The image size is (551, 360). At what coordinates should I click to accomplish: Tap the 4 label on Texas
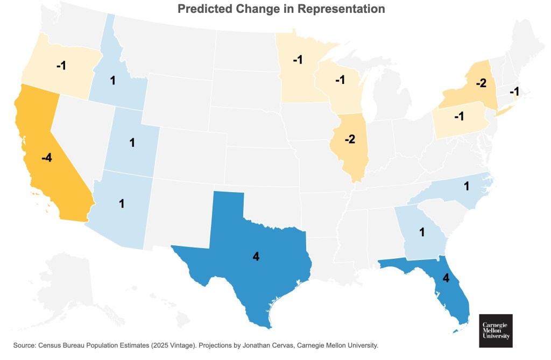tap(256, 257)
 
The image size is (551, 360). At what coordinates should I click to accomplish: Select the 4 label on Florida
tap(445, 279)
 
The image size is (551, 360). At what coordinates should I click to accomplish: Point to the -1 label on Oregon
tap(61, 65)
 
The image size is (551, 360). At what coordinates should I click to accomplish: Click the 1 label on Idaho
tap(113, 81)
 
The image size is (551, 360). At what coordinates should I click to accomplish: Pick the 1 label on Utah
tap(132, 143)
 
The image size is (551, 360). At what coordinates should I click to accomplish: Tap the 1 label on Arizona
tap(122, 204)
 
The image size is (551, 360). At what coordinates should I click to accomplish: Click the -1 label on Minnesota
tap(298, 60)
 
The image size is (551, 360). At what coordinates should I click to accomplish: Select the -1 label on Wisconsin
tap(340, 80)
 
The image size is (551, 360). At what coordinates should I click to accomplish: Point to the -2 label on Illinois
tap(350, 139)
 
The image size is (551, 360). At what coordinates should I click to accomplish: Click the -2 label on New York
tap(481, 83)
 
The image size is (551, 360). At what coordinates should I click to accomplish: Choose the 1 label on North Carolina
tap(467, 186)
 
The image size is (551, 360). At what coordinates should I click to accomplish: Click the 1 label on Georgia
tap(422, 232)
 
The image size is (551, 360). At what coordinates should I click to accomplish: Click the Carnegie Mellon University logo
tap(496, 330)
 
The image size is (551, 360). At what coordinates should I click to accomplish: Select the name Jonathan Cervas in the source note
tap(252, 345)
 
